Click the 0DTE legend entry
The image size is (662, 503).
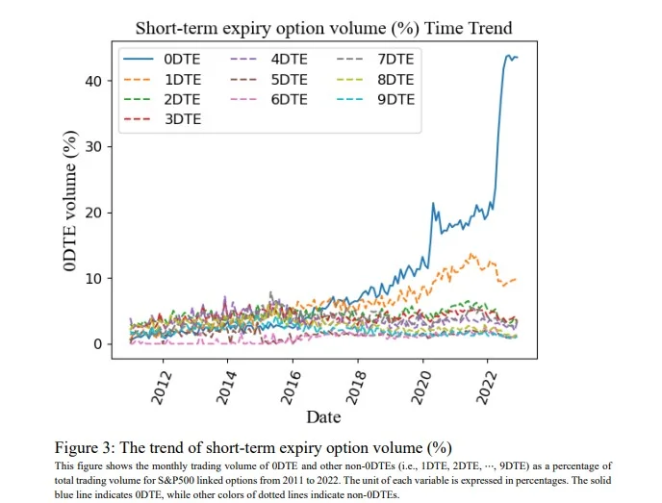click(162, 59)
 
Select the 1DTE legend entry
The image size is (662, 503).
click(162, 79)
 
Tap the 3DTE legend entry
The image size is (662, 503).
click(162, 119)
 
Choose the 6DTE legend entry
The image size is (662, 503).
click(269, 100)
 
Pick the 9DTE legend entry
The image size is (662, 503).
click(376, 100)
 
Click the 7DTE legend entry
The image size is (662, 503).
click(376, 59)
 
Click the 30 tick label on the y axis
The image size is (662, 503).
click(93, 147)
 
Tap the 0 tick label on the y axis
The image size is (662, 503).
click(98, 344)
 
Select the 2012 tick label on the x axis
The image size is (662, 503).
click(162, 388)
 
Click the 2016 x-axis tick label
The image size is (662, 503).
click(292, 388)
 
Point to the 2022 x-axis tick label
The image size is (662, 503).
click(486, 388)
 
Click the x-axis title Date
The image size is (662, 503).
click(323, 416)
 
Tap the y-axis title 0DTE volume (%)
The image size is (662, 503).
click(70, 200)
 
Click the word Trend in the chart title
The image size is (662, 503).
click(489, 28)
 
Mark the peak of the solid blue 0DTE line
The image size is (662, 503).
click(508, 55)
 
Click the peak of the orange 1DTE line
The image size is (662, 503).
click(471, 254)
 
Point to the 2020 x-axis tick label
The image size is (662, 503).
click(421, 388)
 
